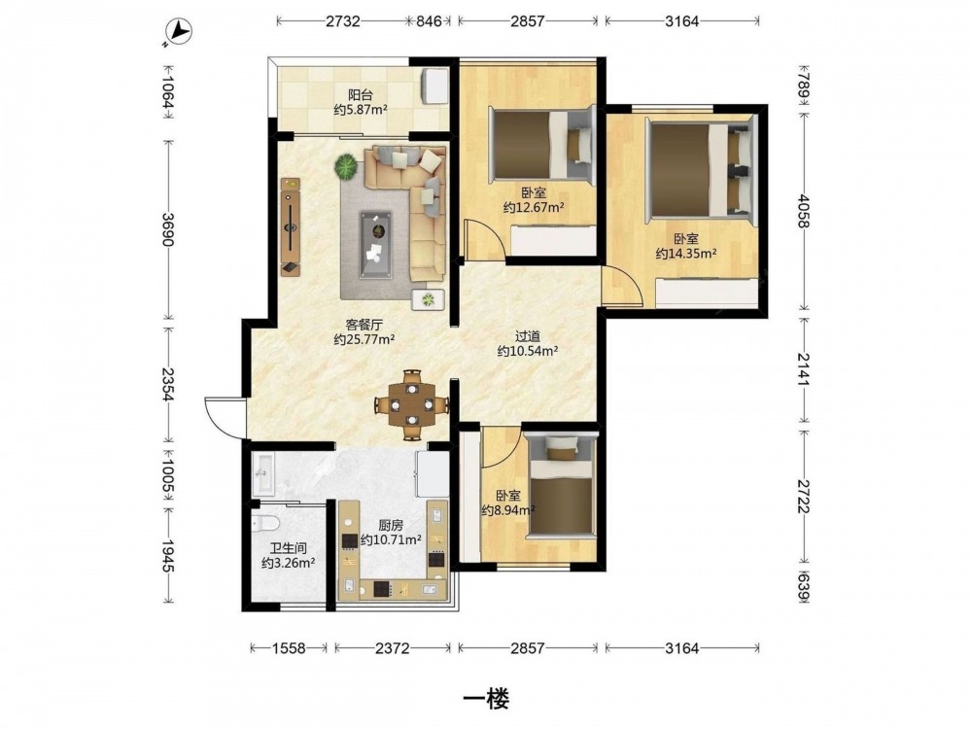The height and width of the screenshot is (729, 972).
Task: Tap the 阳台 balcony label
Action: [x=361, y=95]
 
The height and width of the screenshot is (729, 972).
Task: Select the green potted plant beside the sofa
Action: [x=346, y=166]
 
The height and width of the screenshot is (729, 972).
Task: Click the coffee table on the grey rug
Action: [x=376, y=236]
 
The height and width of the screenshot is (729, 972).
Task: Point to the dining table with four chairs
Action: [x=411, y=405]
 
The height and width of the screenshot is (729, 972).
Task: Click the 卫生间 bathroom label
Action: [x=289, y=548]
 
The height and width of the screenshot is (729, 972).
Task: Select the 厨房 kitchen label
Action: [x=391, y=525]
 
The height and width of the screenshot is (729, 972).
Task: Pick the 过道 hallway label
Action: [x=528, y=336]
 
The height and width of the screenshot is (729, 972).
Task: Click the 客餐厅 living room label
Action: [x=364, y=325]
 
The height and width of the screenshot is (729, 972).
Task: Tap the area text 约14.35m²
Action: [x=686, y=254]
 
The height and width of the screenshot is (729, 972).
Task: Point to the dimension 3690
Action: [x=168, y=229]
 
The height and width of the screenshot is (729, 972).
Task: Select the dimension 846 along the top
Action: [x=429, y=21]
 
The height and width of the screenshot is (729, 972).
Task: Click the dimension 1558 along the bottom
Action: [x=289, y=648]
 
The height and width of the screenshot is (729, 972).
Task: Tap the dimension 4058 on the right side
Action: [x=804, y=211]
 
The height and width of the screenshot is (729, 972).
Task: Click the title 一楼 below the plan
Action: [x=487, y=700]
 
